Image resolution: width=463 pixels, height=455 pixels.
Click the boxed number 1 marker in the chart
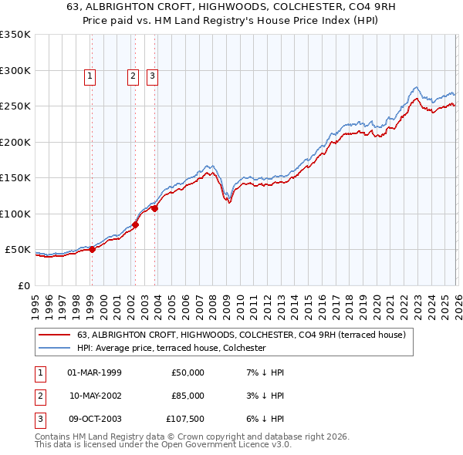pyautogui.click(x=91, y=76)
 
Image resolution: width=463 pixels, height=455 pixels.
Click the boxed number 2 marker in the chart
pyautogui.click(x=133, y=76)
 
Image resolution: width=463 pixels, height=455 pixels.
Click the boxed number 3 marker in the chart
pyautogui.click(x=153, y=76)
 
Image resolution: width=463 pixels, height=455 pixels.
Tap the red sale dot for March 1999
pyautogui.click(x=92, y=249)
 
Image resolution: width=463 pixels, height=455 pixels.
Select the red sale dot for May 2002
pyautogui.click(x=135, y=224)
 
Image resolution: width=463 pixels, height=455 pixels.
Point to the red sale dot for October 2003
pyautogui.click(x=155, y=208)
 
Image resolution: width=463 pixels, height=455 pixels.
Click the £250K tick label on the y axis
pyautogui.click(x=15, y=106)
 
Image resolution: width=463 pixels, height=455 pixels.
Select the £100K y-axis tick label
pyautogui.click(x=15, y=214)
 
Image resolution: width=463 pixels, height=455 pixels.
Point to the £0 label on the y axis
pyautogui.click(x=23, y=285)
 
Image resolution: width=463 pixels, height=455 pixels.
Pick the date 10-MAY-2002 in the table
pyautogui.click(x=96, y=396)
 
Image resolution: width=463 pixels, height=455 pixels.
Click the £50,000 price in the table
pyautogui.click(x=188, y=372)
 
